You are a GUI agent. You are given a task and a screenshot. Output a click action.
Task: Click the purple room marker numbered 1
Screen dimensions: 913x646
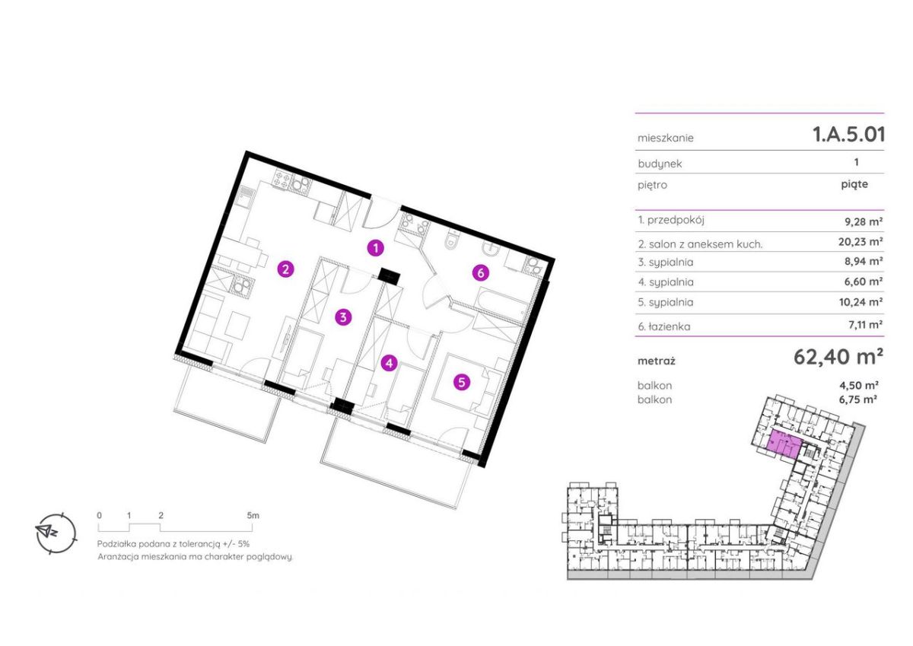(375, 248)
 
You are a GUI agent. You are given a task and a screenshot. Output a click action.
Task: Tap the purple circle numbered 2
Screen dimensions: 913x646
(285, 269)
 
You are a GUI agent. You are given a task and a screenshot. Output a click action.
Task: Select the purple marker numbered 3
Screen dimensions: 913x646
(343, 317)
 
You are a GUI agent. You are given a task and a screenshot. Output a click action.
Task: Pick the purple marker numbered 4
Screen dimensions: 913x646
(390, 363)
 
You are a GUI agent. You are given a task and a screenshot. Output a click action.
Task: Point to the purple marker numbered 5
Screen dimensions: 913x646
(461, 382)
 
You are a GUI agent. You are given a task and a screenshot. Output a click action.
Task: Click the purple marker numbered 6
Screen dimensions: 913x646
(481, 272)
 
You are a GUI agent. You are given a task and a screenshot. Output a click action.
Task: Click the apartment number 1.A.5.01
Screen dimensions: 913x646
(848, 135)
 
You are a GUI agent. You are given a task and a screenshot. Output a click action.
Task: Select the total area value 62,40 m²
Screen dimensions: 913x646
(838, 357)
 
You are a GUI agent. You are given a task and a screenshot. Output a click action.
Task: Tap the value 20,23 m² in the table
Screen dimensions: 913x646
(861, 242)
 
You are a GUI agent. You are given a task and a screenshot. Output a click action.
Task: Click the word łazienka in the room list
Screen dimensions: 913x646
(670, 326)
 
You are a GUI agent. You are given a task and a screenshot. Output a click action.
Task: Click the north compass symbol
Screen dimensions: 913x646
(56, 533)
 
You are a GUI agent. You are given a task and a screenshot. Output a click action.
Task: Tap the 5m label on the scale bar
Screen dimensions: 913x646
(253, 515)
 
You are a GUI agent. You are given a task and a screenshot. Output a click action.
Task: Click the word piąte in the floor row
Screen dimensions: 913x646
(854, 185)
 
